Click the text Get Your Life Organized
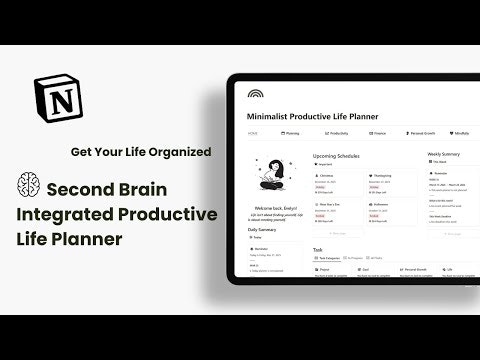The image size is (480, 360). coord(140,153)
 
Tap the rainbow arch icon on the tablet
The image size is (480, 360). coord(256,94)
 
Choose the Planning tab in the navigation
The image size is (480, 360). coord(292,132)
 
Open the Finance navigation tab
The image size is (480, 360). coord(382,132)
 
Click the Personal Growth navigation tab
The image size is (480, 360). coord(427,132)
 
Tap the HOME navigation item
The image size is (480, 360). coord(253,132)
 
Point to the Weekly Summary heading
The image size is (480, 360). coord(445,155)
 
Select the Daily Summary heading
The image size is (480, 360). coord(262,229)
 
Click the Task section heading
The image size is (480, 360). coord(318,249)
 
